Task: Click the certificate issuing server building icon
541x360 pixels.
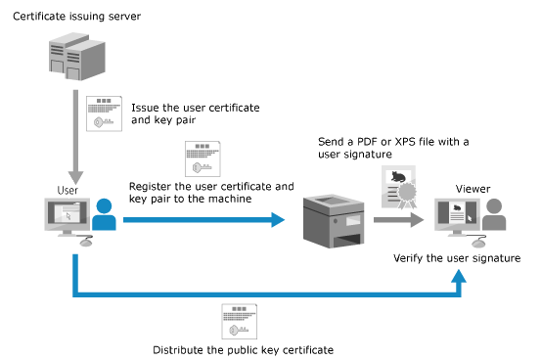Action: (x=77, y=57)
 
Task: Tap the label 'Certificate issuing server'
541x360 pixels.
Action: (x=76, y=17)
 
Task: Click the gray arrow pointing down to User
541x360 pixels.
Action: (x=75, y=137)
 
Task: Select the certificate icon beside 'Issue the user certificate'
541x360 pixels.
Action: (x=104, y=113)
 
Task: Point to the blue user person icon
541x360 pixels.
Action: (x=104, y=214)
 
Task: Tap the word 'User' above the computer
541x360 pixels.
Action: (x=68, y=190)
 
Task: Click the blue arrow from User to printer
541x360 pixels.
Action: (x=203, y=220)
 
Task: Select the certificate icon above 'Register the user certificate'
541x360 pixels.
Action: (x=203, y=158)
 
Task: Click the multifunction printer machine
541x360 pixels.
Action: (x=334, y=221)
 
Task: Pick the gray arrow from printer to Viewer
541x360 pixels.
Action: (x=398, y=220)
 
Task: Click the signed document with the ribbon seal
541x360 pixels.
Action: (x=399, y=187)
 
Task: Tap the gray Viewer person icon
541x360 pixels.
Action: (x=494, y=214)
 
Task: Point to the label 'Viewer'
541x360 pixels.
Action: (x=473, y=189)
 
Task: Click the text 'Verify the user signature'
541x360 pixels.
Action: (x=457, y=258)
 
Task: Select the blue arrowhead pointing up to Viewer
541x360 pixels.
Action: (x=459, y=277)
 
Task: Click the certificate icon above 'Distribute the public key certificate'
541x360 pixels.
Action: (x=239, y=321)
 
